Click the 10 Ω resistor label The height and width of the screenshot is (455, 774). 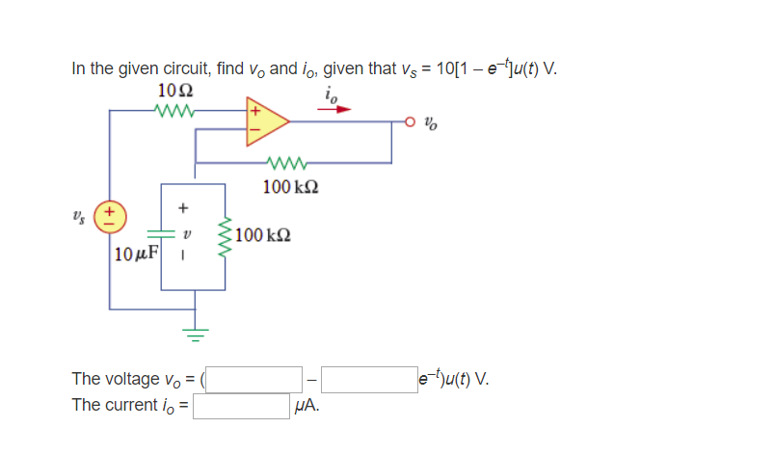173,91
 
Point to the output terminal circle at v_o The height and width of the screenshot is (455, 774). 411,122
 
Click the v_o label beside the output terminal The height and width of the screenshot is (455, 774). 434,123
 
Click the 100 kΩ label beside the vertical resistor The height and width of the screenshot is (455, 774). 265,234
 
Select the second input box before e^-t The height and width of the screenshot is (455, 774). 369,379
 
